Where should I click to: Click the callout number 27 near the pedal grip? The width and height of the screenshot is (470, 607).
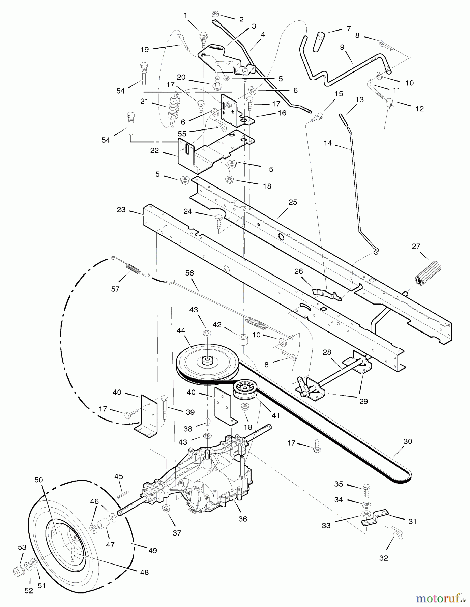tap(416, 246)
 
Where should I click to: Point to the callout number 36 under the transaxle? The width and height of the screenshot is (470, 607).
tap(242, 519)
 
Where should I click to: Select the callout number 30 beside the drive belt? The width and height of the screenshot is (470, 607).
tap(408, 441)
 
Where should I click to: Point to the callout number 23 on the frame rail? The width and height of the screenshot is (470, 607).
tap(121, 210)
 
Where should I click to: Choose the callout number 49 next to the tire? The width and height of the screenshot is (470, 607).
tap(152, 550)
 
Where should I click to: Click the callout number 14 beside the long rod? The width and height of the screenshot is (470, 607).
tap(327, 143)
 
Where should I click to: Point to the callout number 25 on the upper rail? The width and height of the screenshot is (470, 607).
tap(293, 202)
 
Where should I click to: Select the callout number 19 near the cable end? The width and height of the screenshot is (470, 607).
tap(145, 50)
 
